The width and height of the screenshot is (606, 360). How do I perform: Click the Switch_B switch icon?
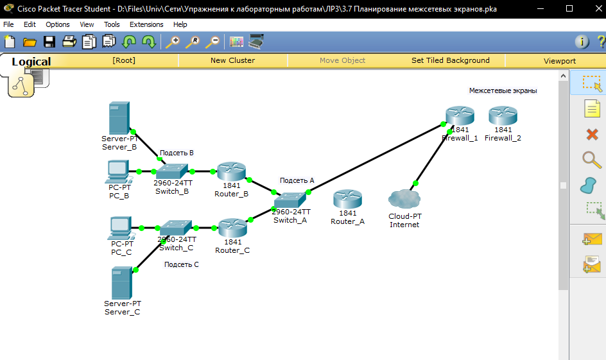click(x=173, y=171)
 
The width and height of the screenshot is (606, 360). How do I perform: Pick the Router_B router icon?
click(x=231, y=171)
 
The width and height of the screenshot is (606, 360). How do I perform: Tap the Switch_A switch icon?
click(x=291, y=199)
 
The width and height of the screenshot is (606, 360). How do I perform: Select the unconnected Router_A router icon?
click(x=347, y=199)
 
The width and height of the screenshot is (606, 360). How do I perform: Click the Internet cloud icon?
click(x=404, y=200)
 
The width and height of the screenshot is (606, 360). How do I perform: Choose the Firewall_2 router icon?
click(x=503, y=116)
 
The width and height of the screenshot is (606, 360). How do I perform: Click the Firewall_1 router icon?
click(x=460, y=116)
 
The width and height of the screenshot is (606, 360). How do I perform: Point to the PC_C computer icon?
click(x=121, y=228)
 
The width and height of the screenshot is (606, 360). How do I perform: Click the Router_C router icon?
click(x=232, y=228)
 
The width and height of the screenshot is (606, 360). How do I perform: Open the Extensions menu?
click(x=146, y=24)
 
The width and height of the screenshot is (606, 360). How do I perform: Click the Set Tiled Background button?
click(x=450, y=60)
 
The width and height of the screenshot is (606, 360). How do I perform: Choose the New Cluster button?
click(x=232, y=60)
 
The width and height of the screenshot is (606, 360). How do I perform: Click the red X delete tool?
click(x=592, y=134)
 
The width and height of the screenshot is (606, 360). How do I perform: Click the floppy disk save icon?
click(x=49, y=42)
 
